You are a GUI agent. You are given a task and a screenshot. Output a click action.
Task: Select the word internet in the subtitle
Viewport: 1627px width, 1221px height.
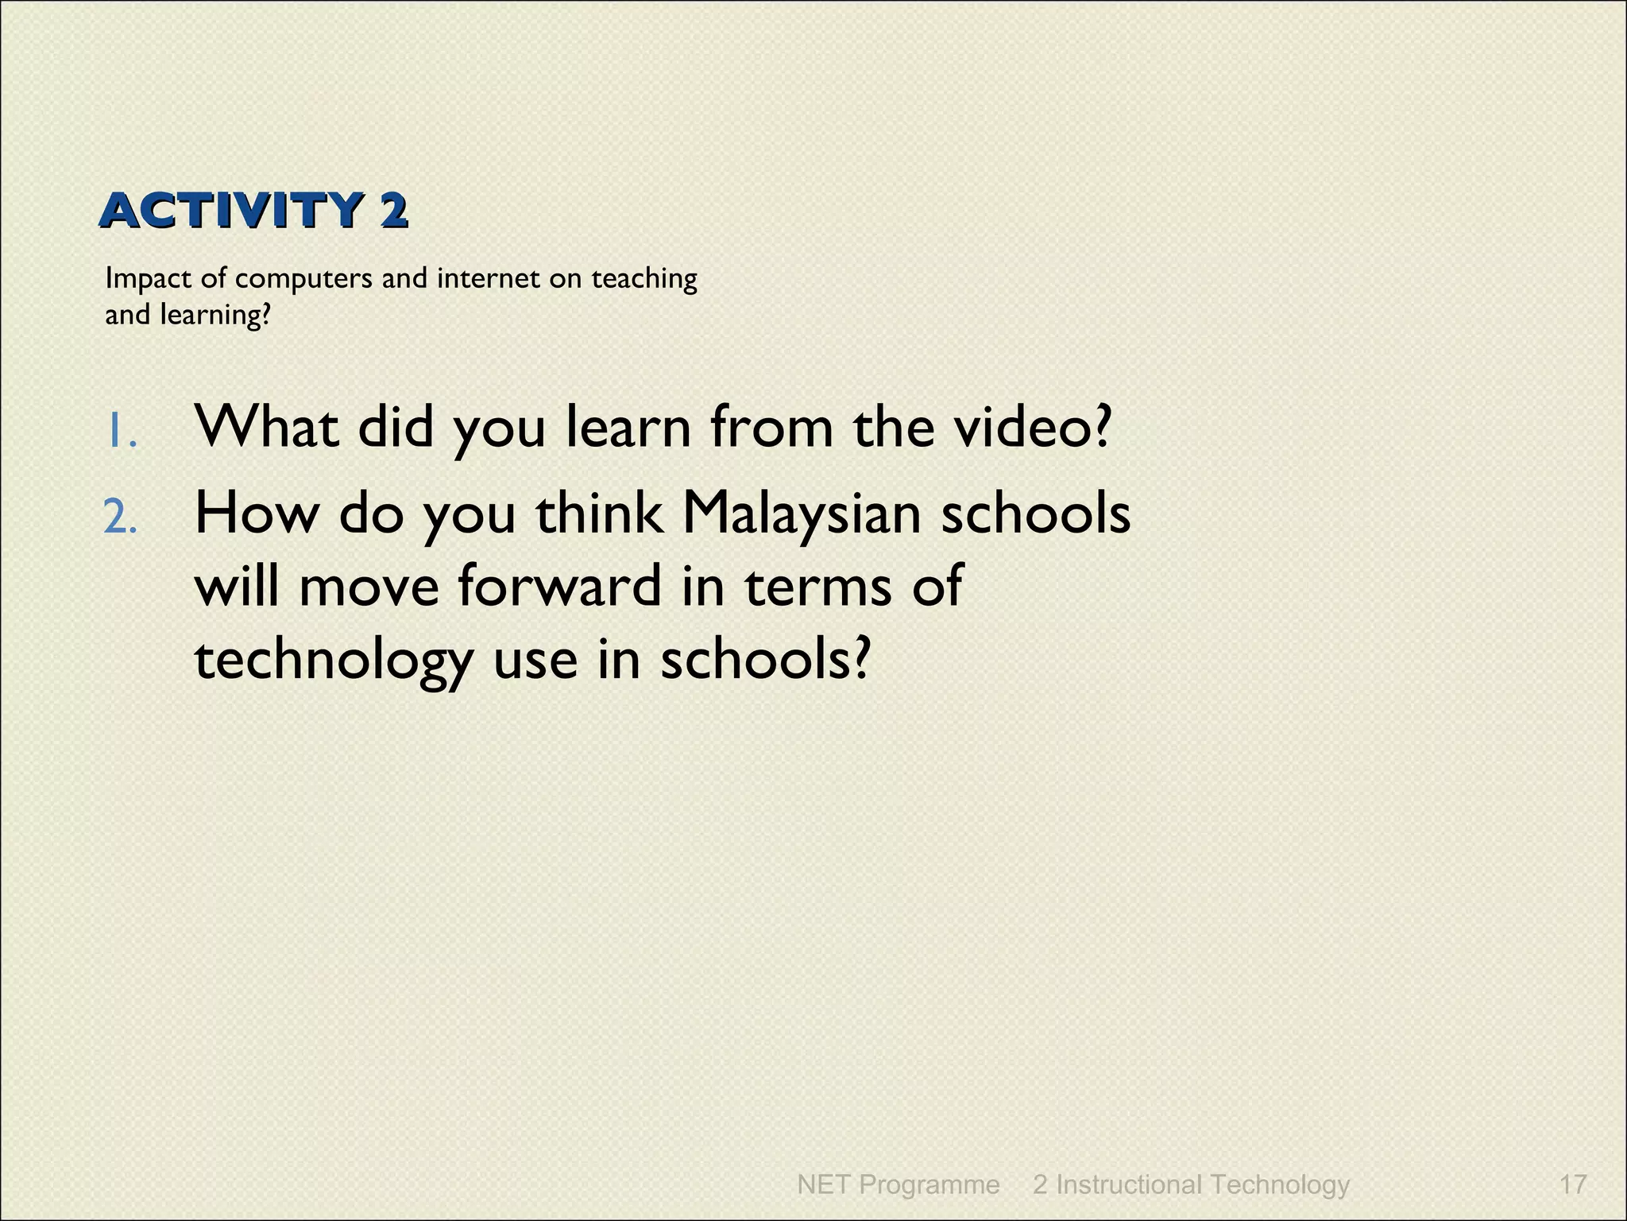(488, 279)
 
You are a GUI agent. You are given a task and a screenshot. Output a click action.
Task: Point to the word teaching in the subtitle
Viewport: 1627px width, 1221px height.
(643, 280)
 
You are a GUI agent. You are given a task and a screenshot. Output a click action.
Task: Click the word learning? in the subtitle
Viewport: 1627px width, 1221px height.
(215, 316)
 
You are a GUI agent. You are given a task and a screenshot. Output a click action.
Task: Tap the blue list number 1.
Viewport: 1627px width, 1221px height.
(121, 432)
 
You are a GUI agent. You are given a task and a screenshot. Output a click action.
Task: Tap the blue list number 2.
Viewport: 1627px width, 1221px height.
(121, 518)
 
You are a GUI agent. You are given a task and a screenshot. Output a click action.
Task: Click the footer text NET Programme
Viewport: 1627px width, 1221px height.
(898, 1184)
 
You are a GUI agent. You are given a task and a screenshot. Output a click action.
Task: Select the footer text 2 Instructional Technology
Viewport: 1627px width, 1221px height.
(1191, 1184)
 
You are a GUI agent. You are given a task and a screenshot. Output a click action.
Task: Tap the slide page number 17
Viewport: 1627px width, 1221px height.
(1573, 1184)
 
